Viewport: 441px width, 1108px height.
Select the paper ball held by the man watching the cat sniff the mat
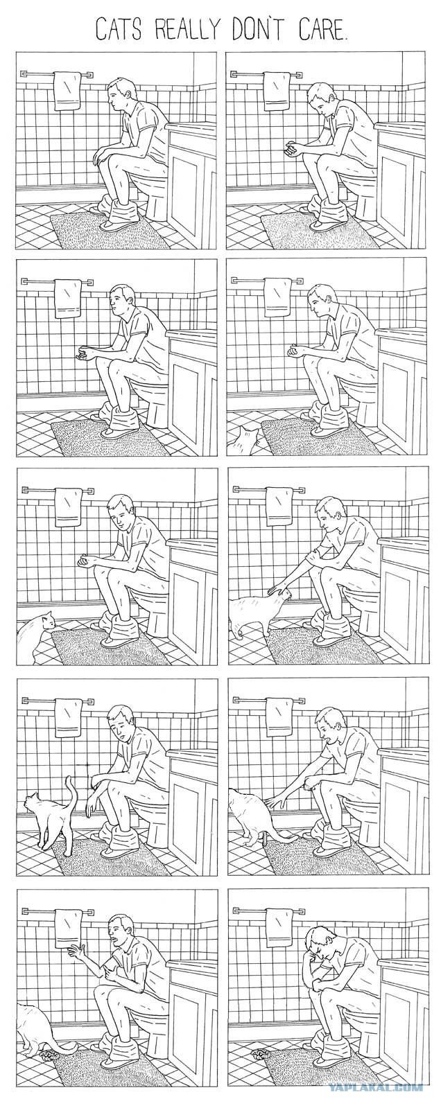[85, 561]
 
